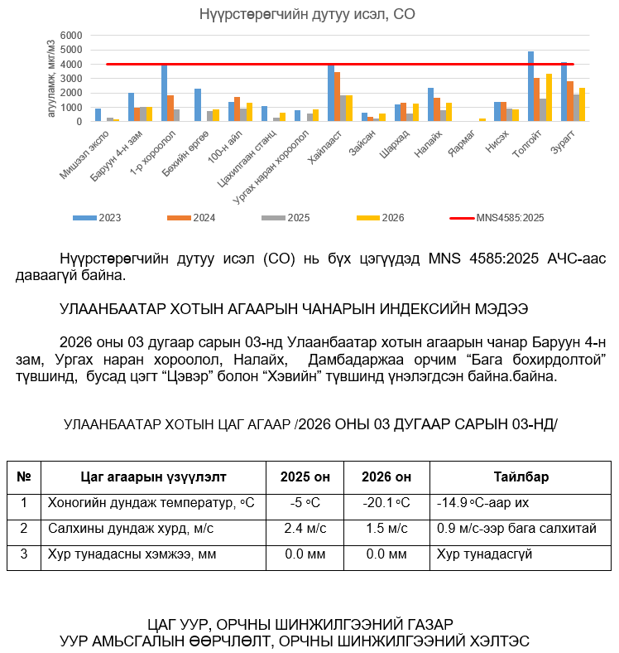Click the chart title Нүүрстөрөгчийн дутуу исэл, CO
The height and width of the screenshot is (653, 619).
coord(307,14)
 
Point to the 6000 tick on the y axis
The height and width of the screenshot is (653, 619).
coord(72,36)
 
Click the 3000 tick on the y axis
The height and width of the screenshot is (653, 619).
coord(72,79)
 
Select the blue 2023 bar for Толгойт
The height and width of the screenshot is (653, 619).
coord(530,86)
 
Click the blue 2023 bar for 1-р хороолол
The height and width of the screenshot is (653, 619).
coord(164,93)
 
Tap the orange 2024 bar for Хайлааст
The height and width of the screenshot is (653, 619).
coord(338,96)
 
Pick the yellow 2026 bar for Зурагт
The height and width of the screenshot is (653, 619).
coord(583,104)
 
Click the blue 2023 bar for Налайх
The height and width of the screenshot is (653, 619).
coord(430,104)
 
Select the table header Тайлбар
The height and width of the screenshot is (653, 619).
coord(521,477)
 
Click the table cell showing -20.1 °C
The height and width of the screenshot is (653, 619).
coord(386,503)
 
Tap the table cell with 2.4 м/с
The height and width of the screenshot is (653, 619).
coord(305,528)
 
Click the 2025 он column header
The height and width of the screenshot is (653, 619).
coord(305,477)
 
